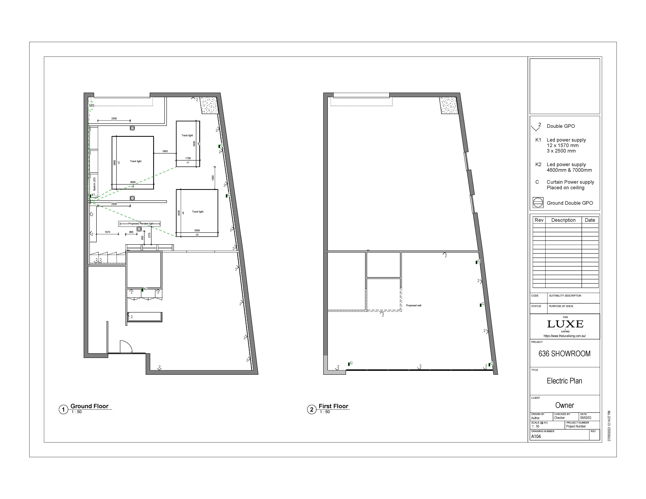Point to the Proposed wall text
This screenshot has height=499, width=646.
(x=414, y=305)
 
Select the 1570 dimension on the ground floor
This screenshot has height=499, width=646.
(x=107, y=232)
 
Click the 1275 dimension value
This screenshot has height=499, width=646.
(x=149, y=236)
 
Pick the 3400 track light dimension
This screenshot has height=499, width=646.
(x=179, y=213)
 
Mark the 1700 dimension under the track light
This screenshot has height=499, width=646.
(x=188, y=158)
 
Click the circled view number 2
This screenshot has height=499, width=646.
(x=311, y=409)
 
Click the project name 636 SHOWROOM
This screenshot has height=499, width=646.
(x=564, y=354)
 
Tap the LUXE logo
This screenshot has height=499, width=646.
(x=565, y=324)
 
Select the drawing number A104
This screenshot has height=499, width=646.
(x=536, y=436)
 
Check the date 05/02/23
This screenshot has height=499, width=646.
(x=586, y=418)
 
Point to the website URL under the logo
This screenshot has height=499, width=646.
(x=564, y=336)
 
